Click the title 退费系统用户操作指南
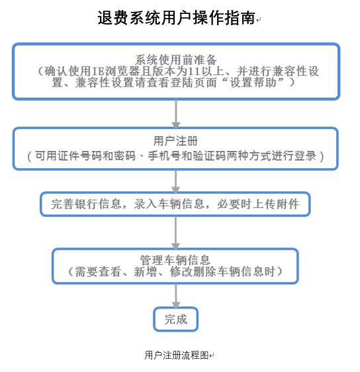pos(177,18)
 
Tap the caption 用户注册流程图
pos(177,355)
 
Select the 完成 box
pos(176,319)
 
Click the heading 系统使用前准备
pos(176,60)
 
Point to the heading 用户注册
pos(175,141)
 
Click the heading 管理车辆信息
pos(175,260)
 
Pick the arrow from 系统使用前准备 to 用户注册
pos(176,115)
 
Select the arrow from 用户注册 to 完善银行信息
pos(175,181)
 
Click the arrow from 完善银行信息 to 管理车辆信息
pos(175,233)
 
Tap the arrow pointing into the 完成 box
pos(176,296)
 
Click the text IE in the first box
pos(98,71)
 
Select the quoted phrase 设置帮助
pos(253,82)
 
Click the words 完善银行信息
pos(86,204)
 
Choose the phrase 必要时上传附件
pos(258,204)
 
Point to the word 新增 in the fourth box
pos(145,271)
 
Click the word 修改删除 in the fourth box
pos(193,271)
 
